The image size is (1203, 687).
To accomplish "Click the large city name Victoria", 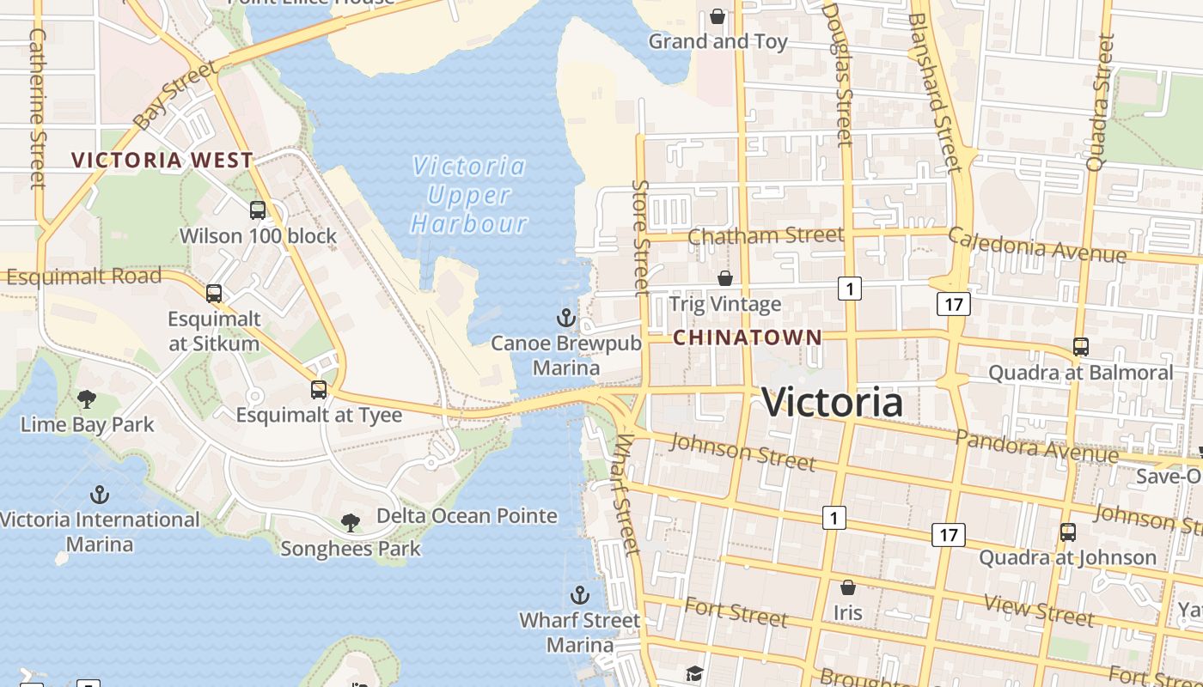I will [832, 403].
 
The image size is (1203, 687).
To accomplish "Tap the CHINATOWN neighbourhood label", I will [747, 337].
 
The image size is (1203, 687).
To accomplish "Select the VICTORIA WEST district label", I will [162, 160].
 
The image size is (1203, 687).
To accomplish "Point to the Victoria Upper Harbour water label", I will [468, 195].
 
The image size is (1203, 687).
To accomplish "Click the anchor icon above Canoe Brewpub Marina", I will [565, 319].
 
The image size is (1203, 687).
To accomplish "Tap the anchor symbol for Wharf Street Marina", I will [580, 595].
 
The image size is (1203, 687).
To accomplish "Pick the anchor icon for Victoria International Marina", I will [100, 495].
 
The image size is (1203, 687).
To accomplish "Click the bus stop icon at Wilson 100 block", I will [257, 210].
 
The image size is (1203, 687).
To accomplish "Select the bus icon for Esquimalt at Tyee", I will [319, 390].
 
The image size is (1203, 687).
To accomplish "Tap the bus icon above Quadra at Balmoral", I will [1080, 347].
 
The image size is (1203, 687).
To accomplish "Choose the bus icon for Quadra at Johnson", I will [1067, 532].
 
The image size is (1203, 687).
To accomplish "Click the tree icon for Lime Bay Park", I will [86, 398].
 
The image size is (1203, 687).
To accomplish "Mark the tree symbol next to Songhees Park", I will [350, 522].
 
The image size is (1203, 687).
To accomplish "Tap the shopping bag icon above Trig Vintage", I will [725, 278].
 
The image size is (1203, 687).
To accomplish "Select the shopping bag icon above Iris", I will [847, 587].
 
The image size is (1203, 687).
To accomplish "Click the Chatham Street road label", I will [766, 235].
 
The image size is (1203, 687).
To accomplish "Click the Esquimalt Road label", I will [83, 277].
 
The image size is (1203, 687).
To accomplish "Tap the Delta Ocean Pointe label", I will [467, 516].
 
